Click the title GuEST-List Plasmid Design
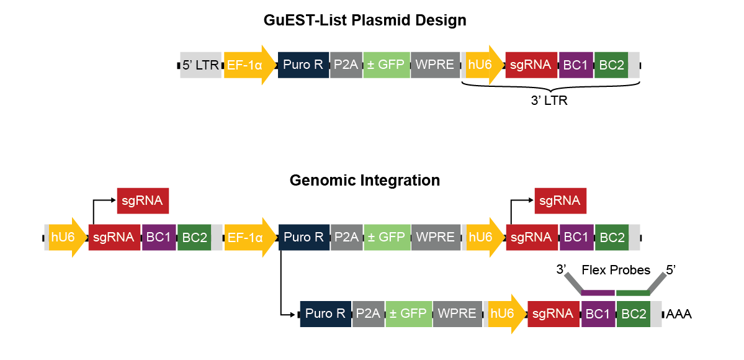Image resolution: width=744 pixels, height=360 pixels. click(365, 20)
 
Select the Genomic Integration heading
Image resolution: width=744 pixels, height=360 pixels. click(365, 181)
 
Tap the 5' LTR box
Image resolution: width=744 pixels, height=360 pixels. click(200, 65)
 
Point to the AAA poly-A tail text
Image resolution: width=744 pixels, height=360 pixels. click(679, 314)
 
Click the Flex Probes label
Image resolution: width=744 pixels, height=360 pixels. click(616, 270)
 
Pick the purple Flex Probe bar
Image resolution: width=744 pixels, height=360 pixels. click(598, 292)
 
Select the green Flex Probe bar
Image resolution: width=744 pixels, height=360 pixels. click(632, 292)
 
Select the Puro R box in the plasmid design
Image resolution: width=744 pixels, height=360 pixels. click(303, 65)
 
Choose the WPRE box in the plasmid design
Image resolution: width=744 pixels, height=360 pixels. click(435, 65)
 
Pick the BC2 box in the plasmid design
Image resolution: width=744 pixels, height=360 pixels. click(611, 65)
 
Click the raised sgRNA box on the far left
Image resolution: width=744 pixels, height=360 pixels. click(143, 200)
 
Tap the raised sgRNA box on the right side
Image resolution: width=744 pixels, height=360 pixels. click(560, 200)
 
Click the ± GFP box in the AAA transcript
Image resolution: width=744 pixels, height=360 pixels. click(408, 314)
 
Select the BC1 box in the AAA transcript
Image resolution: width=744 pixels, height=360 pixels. click(598, 314)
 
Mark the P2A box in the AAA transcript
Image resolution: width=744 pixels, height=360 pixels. click(369, 314)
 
